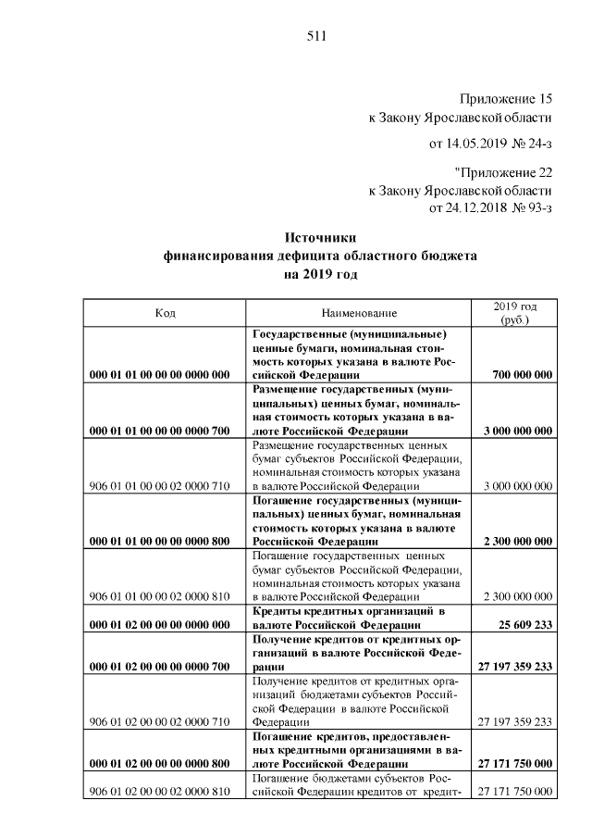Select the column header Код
(x=166, y=314)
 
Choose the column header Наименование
(x=360, y=314)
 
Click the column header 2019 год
(x=514, y=306)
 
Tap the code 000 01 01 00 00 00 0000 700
(x=159, y=431)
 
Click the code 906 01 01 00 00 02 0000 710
(x=159, y=486)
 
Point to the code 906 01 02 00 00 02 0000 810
(x=159, y=792)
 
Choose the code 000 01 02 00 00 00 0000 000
(x=159, y=625)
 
